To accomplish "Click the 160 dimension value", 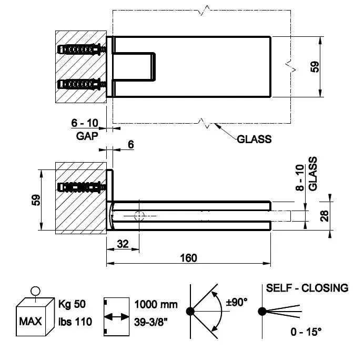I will pyautogui.click(x=188, y=257).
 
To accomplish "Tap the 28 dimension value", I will pyautogui.click(x=325, y=215).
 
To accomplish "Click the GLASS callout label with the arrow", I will pyautogui.click(x=254, y=139).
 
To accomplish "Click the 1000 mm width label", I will pyautogui.click(x=156, y=304).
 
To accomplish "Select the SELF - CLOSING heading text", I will pyautogui.click(x=307, y=288).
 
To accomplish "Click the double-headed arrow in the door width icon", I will pyautogui.click(x=117, y=317).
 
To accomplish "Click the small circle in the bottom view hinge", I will pyautogui.click(x=138, y=216).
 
